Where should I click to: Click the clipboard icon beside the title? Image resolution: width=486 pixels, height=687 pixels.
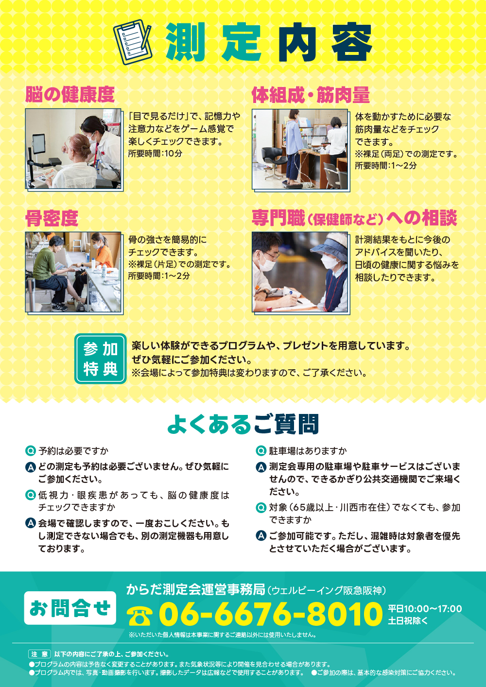(133, 42)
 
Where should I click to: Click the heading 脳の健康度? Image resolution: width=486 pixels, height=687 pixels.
(70, 94)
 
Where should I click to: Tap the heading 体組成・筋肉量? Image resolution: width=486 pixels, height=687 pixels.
(311, 95)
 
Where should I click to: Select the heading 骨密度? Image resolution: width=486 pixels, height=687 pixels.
(52, 218)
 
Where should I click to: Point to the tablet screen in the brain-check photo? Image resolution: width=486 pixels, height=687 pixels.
(39, 143)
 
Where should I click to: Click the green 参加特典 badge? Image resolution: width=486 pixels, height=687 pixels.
(100, 359)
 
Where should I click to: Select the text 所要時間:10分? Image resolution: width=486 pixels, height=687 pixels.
(155, 154)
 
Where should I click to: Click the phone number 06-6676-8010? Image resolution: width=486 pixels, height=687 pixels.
(271, 614)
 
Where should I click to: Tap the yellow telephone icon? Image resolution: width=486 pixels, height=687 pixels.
(139, 616)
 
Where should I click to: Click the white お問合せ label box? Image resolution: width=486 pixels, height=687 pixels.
(70, 608)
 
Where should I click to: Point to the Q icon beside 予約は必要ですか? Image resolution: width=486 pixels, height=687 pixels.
(30, 451)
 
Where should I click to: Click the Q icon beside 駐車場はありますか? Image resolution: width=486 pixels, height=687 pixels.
(261, 451)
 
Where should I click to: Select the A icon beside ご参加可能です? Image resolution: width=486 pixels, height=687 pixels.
(261, 536)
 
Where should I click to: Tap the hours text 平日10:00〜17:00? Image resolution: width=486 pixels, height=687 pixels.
(425, 609)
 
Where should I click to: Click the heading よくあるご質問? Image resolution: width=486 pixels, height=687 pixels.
(243, 425)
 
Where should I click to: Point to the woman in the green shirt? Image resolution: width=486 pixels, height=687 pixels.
(51, 271)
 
